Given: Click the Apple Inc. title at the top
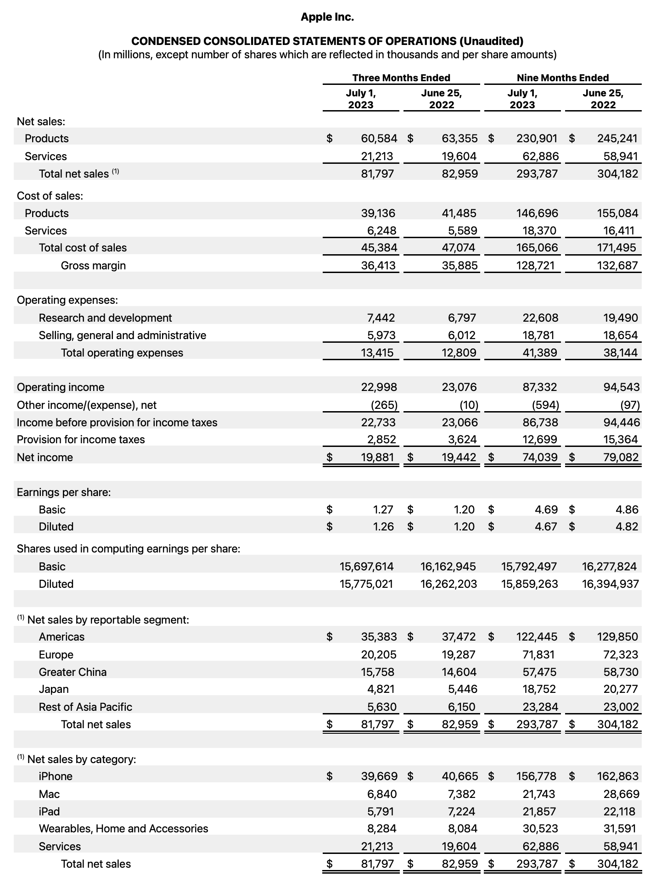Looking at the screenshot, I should (x=327, y=17).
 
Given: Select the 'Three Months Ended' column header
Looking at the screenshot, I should (x=401, y=78).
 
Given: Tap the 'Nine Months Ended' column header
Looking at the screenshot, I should (x=562, y=78).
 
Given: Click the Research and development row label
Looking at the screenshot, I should (x=105, y=318).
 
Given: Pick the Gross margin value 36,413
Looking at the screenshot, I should (x=379, y=265).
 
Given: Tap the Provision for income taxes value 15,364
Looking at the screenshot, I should (x=620, y=439).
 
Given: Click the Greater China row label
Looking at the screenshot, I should (x=73, y=672).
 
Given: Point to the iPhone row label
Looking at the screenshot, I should (x=56, y=776).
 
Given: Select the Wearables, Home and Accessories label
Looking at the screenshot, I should (x=123, y=828).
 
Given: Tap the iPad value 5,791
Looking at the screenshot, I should (x=381, y=811).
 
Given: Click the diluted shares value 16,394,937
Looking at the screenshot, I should (x=610, y=584).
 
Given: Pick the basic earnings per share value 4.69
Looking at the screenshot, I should (x=546, y=509).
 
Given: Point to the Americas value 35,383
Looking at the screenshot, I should (x=379, y=636).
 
